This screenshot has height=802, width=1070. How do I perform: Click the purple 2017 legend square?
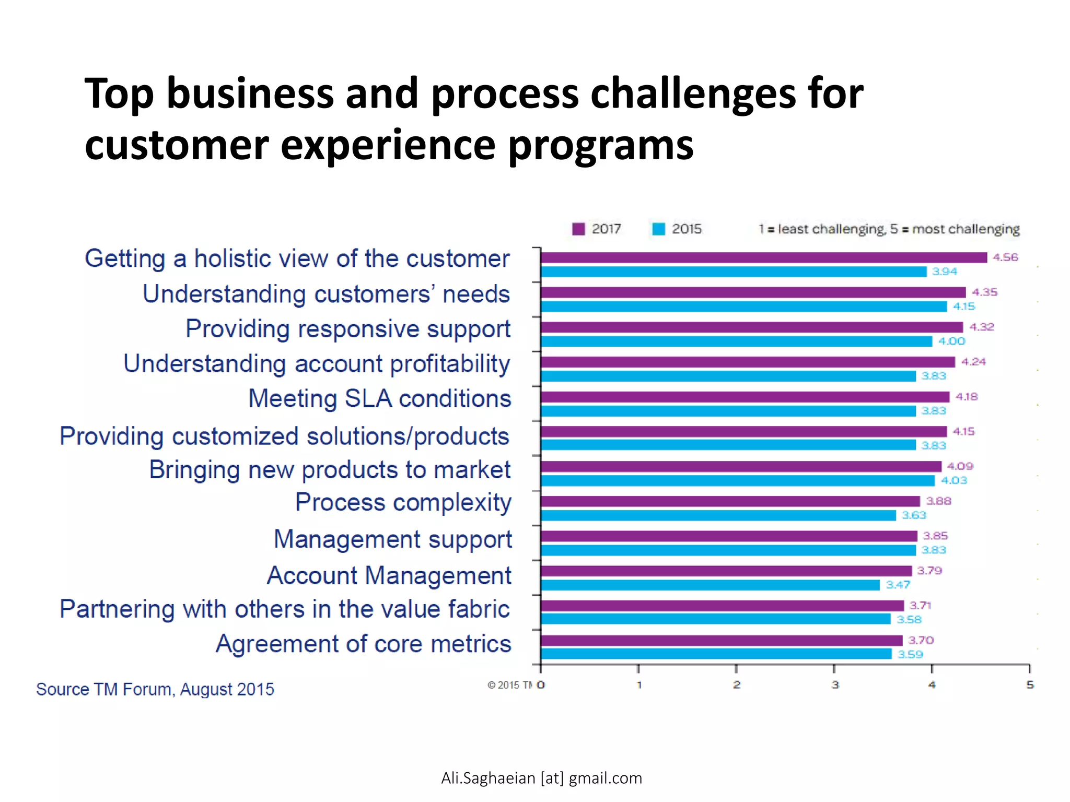click(x=578, y=229)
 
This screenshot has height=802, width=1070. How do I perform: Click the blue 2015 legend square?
click(x=659, y=229)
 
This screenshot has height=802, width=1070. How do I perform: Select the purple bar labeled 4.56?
click(x=763, y=257)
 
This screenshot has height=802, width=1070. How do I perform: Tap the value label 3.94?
click(x=945, y=272)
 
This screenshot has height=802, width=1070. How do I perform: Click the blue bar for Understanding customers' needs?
click(x=743, y=306)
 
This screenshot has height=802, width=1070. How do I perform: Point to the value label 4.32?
click(x=982, y=327)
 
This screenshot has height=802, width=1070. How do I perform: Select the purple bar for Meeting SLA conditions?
click(x=745, y=397)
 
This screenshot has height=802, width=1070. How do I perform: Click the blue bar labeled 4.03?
click(x=737, y=480)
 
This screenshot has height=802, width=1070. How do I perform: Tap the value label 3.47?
click(x=898, y=585)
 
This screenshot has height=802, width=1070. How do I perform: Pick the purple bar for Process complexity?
click(x=730, y=501)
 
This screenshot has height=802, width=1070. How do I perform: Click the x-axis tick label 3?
click(x=835, y=685)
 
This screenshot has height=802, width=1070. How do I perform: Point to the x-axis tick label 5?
click(x=1030, y=685)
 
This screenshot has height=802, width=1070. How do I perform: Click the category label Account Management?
click(x=389, y=576)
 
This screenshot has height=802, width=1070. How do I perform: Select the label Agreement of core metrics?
click(x=363, y=644)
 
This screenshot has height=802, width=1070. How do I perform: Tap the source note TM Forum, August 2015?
click(x=155, y=689)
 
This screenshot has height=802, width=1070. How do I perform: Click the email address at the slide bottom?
click(x=541, y=778)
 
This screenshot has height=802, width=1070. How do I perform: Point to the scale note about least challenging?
click(x=889, y=229)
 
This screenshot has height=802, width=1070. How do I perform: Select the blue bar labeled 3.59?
click(x=716, y=654)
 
